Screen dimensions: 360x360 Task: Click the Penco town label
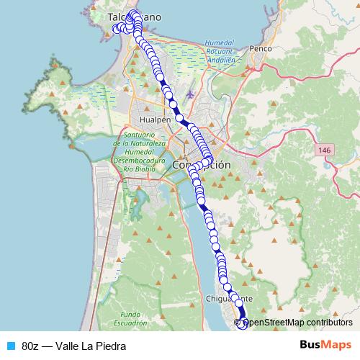coord(258,49)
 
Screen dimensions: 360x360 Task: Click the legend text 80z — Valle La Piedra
coord(73,346)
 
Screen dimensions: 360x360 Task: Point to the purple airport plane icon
coord(189,94)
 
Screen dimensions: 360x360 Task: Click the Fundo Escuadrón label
coord(135,319)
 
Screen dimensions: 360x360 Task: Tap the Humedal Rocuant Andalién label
coord(220,52)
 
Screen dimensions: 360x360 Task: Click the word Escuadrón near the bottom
coord(135,323)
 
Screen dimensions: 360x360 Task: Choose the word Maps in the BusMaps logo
coord(335,346)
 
